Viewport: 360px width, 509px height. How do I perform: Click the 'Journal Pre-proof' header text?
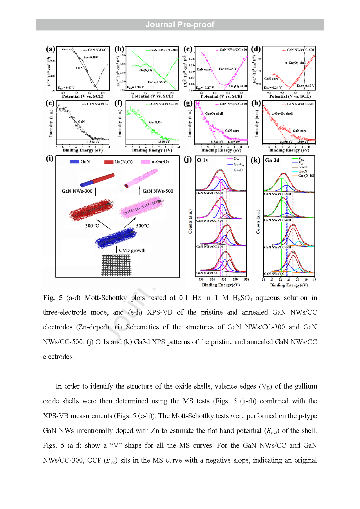coord(180,25)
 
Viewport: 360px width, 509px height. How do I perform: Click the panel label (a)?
coord(50,49)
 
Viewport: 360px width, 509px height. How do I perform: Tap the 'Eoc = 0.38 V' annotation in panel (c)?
coord(227,69)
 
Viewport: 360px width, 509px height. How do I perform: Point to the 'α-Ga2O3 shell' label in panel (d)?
coord(296,63)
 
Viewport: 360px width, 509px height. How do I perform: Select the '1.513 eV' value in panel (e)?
coord(93,142)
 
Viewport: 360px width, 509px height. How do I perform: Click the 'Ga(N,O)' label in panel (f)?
coord(155,122)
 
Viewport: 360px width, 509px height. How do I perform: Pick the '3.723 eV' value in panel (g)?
coord(217,142)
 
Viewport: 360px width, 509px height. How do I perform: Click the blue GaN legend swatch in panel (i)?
coord(74,162)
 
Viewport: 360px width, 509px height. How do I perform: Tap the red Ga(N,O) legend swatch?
coord(109,162)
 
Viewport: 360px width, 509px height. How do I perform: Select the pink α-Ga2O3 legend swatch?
coord(145,162)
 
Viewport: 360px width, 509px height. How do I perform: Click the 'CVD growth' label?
coord(132,250)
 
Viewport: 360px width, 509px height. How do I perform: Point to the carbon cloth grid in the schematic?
coord(116,265)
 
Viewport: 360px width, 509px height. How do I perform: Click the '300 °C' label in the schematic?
coord(92,226)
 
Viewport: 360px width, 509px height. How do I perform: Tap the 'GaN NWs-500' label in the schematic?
coord(158,191)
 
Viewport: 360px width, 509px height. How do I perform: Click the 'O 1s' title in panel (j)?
coord(202,160)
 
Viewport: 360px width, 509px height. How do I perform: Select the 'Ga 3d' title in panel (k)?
coord(272,160)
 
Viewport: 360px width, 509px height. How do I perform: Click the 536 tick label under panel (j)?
coord(201,279)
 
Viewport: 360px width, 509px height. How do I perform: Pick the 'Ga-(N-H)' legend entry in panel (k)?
coord(306,176)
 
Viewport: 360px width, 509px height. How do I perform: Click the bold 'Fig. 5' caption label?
coord(53,298)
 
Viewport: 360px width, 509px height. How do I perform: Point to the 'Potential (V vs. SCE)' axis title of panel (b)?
coord(152,96)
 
